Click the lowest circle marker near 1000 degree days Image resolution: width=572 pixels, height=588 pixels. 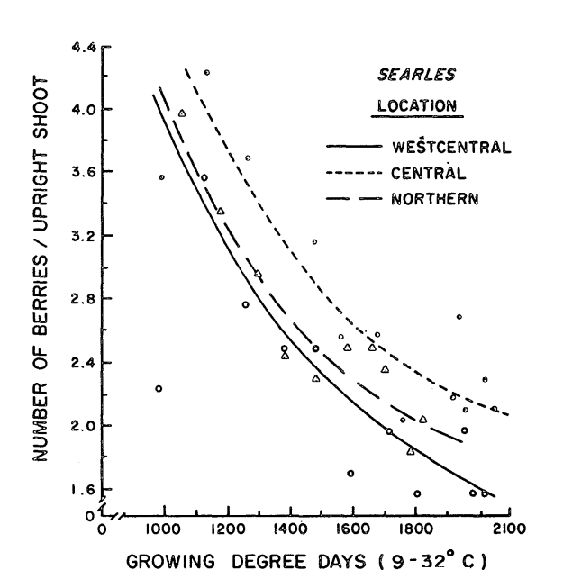tap(159, 389)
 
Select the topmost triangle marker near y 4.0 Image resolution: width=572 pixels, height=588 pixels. tap(182, 113)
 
